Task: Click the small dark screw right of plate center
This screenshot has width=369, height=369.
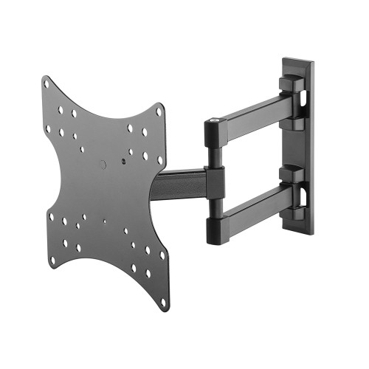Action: point(125,157)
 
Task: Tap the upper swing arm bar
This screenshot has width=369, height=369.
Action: point(251,118)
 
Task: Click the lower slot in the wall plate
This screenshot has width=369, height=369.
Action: point(304,193)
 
